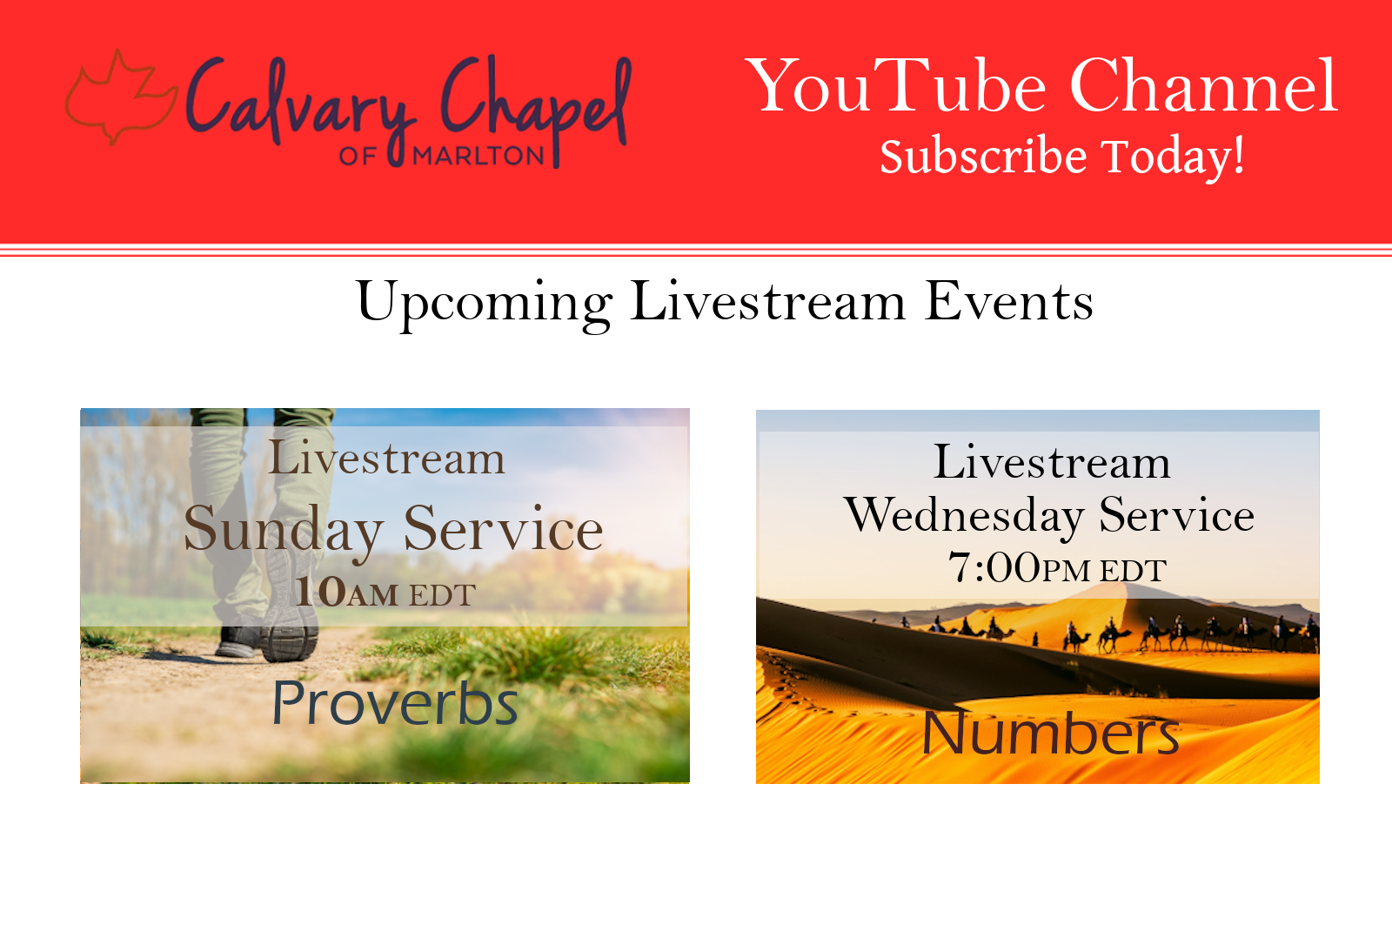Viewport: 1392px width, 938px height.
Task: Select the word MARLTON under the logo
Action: click(x=478, y=156)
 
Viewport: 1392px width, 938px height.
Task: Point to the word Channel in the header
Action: click(x=1203, y=85)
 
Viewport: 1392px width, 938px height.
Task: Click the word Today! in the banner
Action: click(x=1174, y=157)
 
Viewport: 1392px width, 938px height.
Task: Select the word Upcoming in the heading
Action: click(x=485, y=305)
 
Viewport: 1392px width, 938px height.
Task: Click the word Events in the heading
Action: click(x=1008, y=301)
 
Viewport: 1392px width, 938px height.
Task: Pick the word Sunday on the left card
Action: click(x=284, y=532)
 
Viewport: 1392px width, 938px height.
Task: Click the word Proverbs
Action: click(x=395, y=703)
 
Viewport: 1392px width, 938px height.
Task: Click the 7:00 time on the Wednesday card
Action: click(x=994, y=567)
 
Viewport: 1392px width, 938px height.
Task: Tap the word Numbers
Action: click(x=1050, y=734)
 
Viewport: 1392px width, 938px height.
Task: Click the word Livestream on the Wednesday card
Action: click(x=1052, y=462)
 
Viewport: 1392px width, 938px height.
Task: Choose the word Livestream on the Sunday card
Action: click(x=386, y=459)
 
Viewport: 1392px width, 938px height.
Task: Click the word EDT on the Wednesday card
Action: click(x=1133, y=571)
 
